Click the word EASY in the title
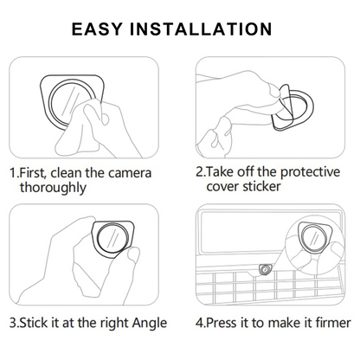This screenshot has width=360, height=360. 97,29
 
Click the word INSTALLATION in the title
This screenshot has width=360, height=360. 201,29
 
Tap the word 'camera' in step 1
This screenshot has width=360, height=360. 130,173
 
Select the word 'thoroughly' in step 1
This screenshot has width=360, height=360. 53,188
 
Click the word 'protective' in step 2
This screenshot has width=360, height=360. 310,172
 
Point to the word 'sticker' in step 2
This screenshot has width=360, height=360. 261,186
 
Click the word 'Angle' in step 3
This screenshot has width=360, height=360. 150,323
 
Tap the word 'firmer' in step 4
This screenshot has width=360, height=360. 333,323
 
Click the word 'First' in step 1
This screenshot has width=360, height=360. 32,173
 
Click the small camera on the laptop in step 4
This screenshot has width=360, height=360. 265,269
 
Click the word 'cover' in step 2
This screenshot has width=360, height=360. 222,186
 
